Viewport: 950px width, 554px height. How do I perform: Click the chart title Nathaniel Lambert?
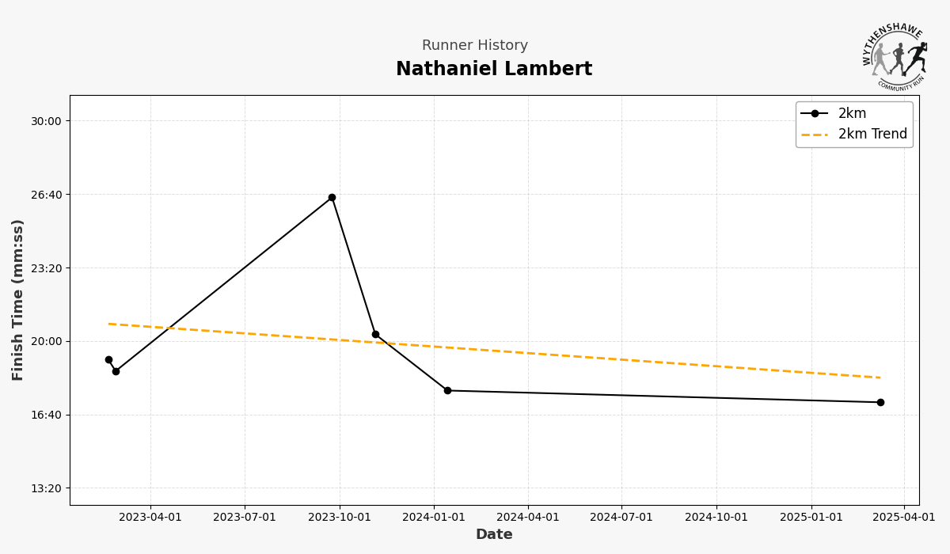click(493, 70)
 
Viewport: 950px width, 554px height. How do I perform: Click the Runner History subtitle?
click(474, 46)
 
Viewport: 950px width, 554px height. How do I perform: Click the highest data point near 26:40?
click(332, 198)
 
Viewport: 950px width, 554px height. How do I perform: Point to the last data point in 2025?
click(880, 402)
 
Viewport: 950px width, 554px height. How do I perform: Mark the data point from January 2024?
click(447, 390)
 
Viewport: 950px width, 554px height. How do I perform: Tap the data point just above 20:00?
click(375, 334)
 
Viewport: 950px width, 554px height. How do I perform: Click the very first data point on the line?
click(108, 359)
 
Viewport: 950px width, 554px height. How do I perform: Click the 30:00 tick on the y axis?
click(46, 121)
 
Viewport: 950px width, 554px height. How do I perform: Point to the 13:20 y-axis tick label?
click(46, 488)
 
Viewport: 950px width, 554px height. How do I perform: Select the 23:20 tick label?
click(46, 268)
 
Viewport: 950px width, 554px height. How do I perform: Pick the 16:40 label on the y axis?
click(46, 415)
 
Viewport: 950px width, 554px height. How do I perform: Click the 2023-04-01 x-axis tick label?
click(150, 518)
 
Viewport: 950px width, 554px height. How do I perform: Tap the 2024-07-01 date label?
click(621, 518)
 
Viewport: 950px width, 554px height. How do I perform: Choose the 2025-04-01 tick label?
click(904, 518)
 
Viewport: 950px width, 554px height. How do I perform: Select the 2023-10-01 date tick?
click(340, 518)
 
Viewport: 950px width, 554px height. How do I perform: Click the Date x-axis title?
click(494, 535)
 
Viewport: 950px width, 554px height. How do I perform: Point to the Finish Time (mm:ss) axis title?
click(18, 300)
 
